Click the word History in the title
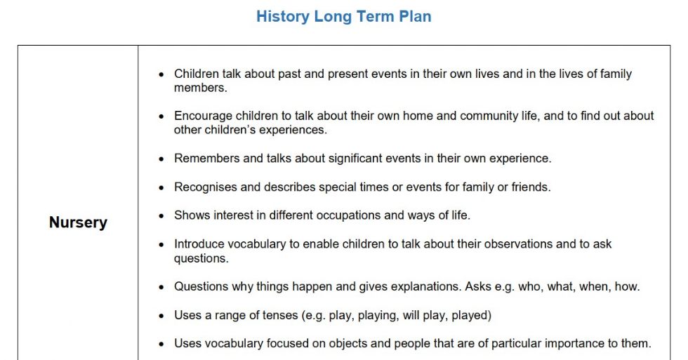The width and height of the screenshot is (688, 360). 283,17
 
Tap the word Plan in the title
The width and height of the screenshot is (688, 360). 415,17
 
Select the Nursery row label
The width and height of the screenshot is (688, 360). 78,222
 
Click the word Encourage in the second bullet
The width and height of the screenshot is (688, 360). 203,116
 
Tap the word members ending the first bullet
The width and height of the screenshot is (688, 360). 201,88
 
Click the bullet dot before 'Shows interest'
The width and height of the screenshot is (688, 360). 161,216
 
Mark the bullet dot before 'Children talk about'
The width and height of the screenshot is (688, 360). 161,74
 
